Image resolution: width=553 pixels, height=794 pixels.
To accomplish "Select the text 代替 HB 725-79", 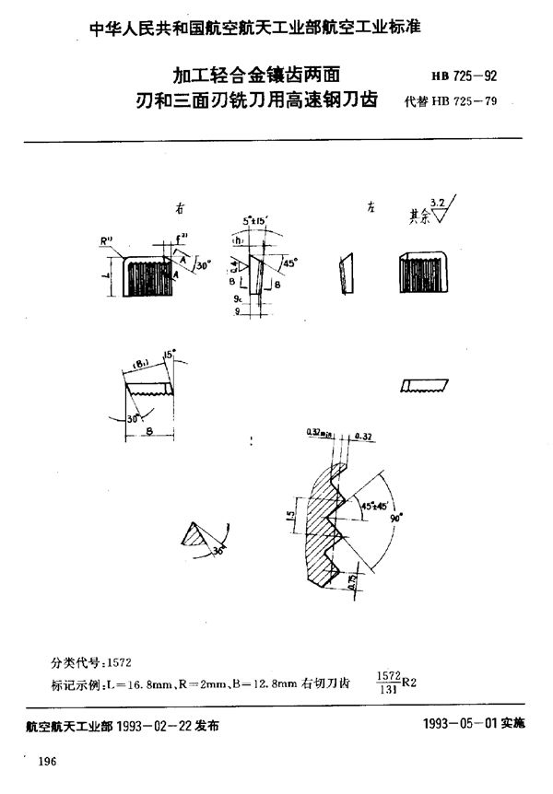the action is click(x=451, y=102).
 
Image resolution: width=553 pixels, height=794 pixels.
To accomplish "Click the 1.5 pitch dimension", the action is click(x=288, y=520).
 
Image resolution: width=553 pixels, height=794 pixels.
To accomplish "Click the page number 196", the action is click(x=49, y=763).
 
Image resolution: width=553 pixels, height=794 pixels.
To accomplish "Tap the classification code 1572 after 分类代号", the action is click(x=121, y=661).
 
